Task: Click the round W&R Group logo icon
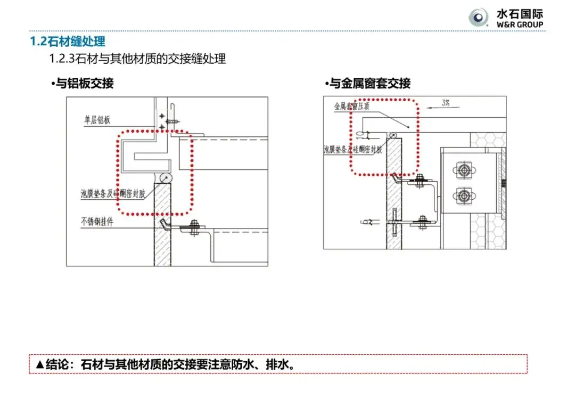pos(478,18)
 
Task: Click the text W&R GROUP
pos(520,25)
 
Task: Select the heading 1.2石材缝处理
pos(67,41)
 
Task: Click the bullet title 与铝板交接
pos(84,84)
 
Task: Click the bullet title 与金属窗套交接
pos(369,84)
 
